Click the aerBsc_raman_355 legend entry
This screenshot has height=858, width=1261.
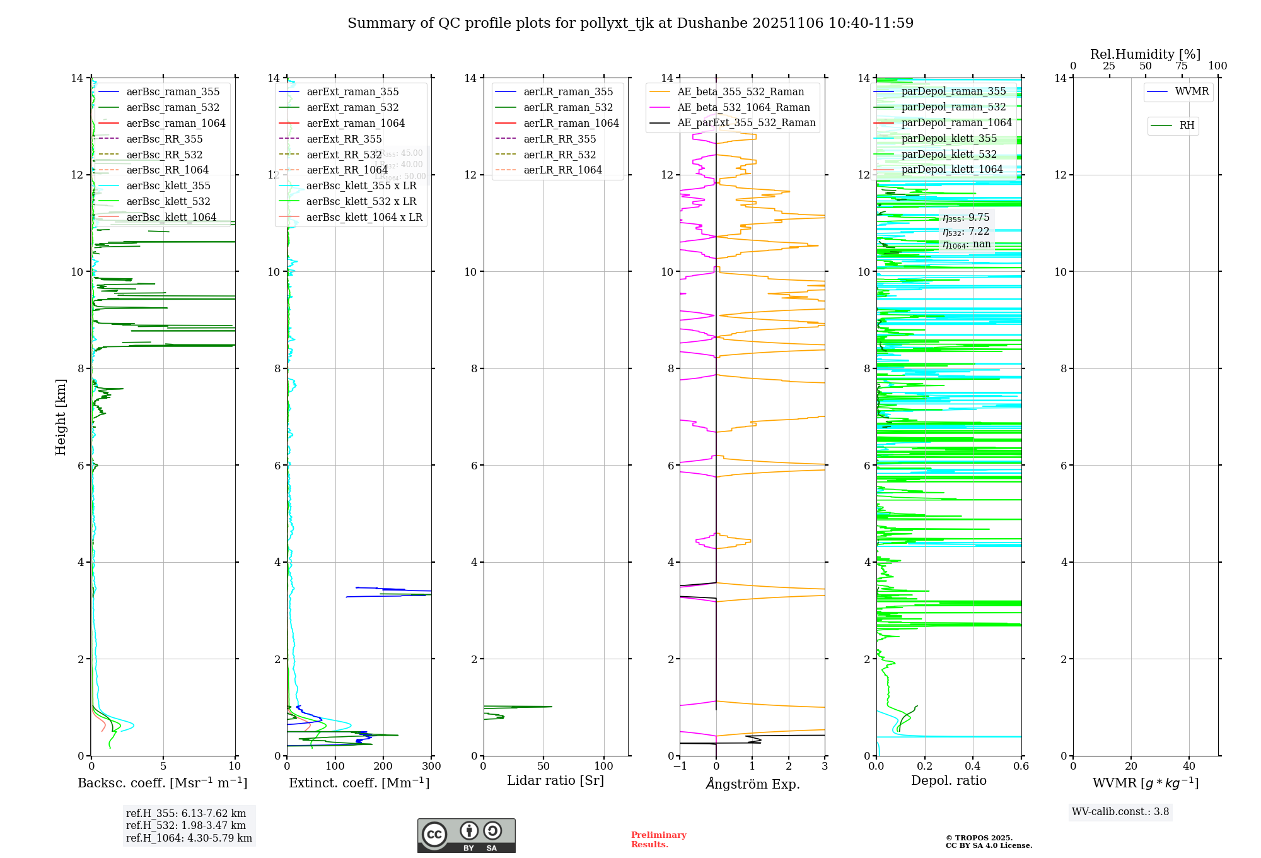[x=173, y=92]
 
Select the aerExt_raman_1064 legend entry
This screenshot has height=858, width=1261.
[x=356, y=124]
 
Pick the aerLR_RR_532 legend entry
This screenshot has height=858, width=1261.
[x=559, y=155]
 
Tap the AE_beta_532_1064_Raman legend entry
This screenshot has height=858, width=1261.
[x=743, y=108]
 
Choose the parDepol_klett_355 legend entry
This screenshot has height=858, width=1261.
[x=949, y=139]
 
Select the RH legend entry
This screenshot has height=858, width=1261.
[x=1187, y=126]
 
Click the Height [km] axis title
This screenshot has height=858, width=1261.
[x=61, y=417]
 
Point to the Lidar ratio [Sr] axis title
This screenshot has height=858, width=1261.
[x=555, y=781]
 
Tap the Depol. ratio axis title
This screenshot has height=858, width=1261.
[x=948, y=781]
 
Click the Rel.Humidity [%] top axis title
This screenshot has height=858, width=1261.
[x=1145, y=54]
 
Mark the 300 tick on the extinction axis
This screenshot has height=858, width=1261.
[x=432, y=767]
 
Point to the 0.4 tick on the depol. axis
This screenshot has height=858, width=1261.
[x=973, y=767]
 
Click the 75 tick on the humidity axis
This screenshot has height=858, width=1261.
[x=1182, y=66]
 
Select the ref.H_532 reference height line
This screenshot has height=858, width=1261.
[x=186, y=826]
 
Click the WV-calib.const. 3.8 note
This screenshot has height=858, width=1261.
[x=1120, y=812]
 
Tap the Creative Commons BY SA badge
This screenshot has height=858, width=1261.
[x=466, y=836]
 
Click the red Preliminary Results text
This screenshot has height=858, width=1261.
[x=658, y=840]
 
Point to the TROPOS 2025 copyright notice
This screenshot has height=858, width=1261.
[x=988, y=842]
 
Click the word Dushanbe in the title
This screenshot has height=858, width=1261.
[x=707, y=23]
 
